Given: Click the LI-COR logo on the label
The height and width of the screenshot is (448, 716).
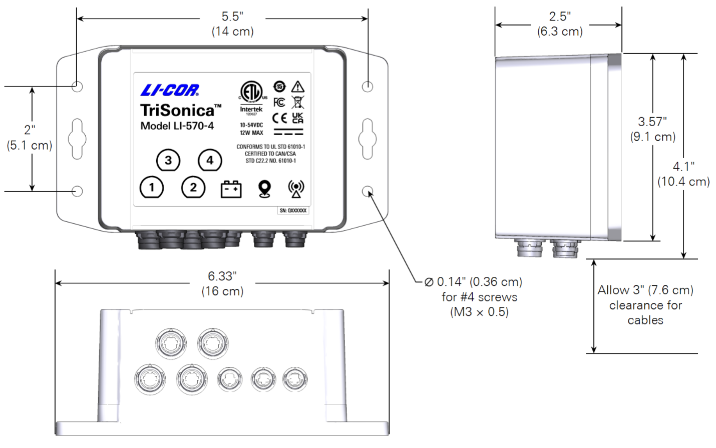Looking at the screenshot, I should pyautogui.click(x=170, y=90).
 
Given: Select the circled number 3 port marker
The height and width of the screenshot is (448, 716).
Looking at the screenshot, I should pyautogui.click(x=168, y=160).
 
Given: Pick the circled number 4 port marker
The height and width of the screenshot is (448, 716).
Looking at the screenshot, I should pyautogui.click(x=210, y=160).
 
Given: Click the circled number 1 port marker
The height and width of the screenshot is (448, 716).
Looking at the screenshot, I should pyautogui.click(x=152, y=188).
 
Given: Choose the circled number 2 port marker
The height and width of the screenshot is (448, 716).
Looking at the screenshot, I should pyautogui.click(x=193, y=188).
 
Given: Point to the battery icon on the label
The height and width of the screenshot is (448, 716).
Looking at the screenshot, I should pyautogui.click(x=231, y=189).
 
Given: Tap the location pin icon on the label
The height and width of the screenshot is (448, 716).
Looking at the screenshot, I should pyautogui.click(x=264, y=189).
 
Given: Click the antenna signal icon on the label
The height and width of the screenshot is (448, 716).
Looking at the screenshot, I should pyautogui.click(x=296, y=189).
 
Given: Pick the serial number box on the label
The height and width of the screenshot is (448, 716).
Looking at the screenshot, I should pyautogui.click(x=293, y=211).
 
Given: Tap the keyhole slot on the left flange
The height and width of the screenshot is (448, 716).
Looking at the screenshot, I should pyautogui.click(x=77, y=139).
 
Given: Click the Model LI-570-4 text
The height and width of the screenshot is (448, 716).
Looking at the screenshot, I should pyautogui.click(x=177, y=126).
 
